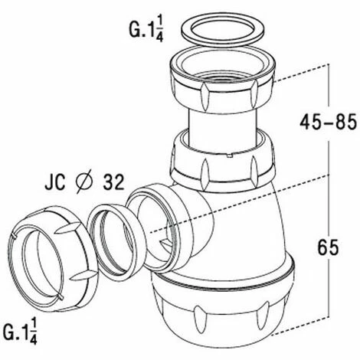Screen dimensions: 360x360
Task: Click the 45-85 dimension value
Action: [328, 123]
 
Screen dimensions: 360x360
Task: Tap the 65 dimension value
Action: [328, 247]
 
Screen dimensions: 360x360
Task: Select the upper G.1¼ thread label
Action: [146, 29]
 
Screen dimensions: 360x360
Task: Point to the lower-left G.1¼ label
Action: [20, 331]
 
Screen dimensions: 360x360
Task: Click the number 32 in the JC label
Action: [113, 182]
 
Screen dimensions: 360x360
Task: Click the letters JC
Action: [55, 182]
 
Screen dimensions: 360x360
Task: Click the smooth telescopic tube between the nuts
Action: [222, 128]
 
